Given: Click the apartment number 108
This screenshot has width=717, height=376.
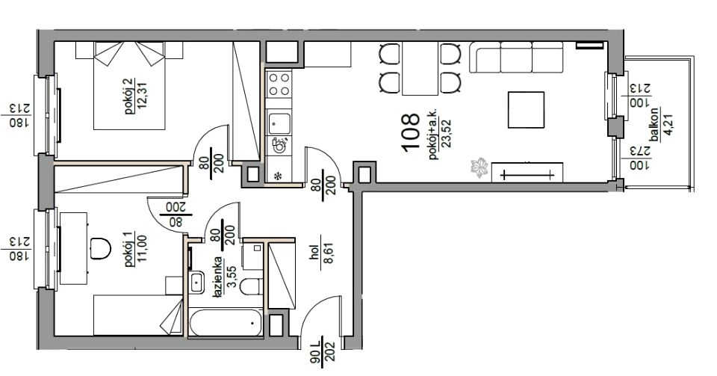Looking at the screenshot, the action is coord(410,132).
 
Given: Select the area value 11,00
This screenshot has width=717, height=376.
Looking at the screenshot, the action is coord(140,250).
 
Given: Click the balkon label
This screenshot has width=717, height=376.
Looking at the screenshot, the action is coord(655,124).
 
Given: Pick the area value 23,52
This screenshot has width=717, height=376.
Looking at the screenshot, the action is coord(447,133).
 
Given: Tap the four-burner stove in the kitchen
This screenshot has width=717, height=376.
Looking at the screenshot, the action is coord(279,84).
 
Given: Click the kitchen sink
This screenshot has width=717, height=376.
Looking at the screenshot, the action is coord(279,123).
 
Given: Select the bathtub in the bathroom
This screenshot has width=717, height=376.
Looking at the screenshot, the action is coord(226,323).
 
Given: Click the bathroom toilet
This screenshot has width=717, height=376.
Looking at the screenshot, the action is coord(251,287).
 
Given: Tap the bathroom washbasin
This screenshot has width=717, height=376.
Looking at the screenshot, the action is coord(197,282).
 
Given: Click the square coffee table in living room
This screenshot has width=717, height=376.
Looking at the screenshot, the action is coord(527,110).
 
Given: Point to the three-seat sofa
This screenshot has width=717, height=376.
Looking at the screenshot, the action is coord(516,57).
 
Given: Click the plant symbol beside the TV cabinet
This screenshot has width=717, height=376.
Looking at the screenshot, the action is coord(479,167).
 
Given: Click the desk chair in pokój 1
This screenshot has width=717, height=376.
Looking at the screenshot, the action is coord(100,248).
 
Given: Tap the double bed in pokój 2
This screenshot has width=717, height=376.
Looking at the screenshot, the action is coord(129,85).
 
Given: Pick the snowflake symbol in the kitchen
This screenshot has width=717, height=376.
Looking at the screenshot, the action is coord(277,175).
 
